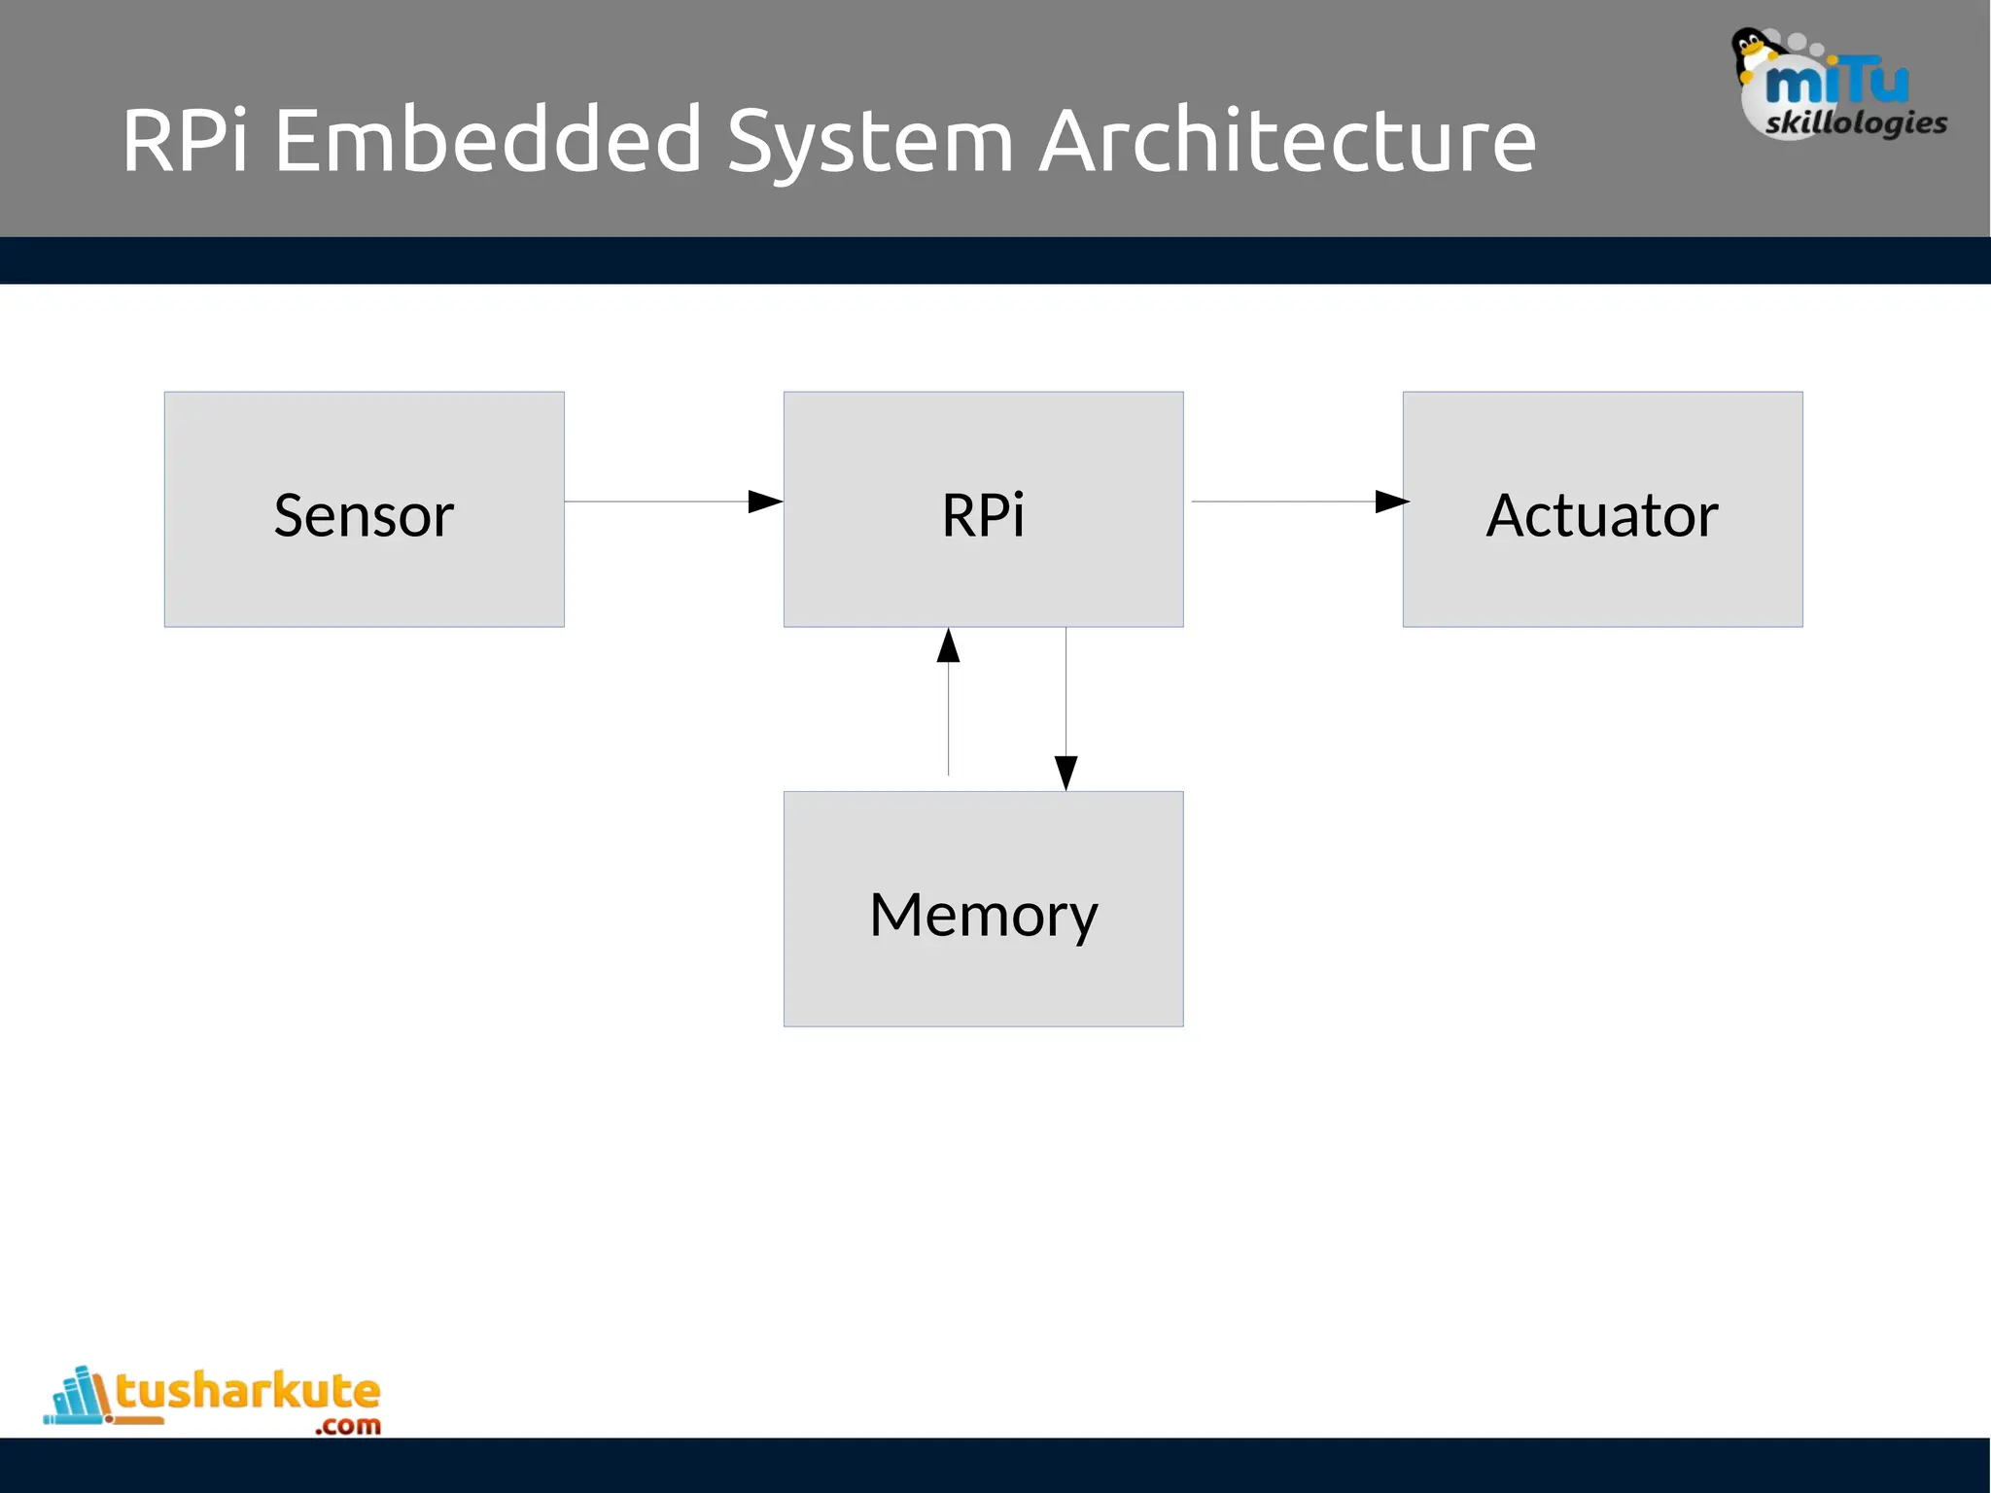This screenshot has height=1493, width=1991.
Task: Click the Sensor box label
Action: pos(364,515)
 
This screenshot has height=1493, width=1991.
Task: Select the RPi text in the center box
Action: pos(983,515)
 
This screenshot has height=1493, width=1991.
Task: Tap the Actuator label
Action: pos(1602,515)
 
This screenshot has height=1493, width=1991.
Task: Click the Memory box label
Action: pos(983,915)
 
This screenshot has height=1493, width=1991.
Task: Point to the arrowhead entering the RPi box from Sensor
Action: pos(765,502)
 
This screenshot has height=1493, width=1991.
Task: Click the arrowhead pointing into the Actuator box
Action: pos(1392,502)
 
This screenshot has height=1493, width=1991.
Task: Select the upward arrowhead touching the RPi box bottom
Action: pos(948,646)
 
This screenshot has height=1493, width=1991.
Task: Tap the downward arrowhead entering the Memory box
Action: pos(1065,773)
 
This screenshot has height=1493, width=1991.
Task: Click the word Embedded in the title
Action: pos(487,141)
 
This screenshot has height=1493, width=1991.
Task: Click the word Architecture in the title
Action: pos(1287,141)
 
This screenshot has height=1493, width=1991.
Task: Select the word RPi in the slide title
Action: pos(185,141)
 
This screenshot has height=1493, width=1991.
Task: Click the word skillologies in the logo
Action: pos(1856,122)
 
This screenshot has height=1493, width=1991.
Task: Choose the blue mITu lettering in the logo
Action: pos(1836,83)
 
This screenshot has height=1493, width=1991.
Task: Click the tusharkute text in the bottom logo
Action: pos(248,1391)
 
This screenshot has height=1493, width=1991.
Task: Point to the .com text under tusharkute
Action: pos(348,1426)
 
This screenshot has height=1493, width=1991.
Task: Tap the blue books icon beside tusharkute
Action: pos(78,1397)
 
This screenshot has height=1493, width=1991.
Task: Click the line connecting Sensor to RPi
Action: pos(656,502)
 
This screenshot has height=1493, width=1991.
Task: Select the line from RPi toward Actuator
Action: pos(1283,502)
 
